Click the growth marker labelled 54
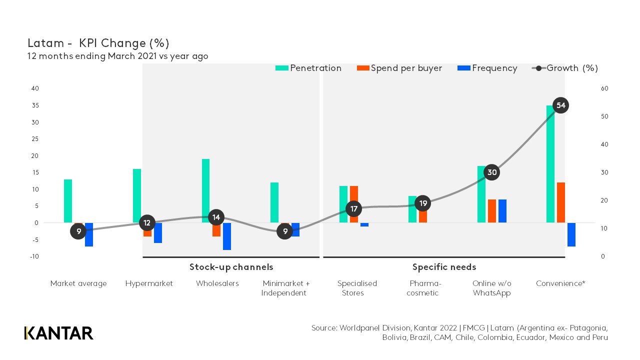561,105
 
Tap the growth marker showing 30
492,172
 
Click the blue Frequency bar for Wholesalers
227,236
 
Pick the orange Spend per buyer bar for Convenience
561,202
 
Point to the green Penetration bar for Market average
68,200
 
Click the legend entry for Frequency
487,68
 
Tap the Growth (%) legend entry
565,68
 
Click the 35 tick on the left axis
35,105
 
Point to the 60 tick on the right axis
604,88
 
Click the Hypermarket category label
149,283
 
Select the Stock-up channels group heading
231,267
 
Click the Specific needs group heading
444,267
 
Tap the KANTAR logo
58,333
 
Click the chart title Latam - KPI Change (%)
98,43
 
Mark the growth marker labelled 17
354,208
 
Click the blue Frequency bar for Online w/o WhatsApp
502,211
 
